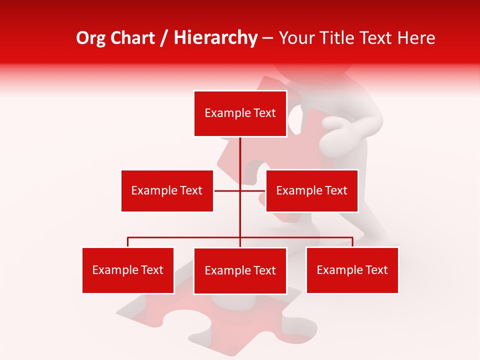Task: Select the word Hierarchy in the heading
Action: [215, 38]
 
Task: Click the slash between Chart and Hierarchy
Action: [164, 38]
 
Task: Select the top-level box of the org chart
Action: [240, 113]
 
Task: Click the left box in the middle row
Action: [167, 190]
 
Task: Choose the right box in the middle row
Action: [311, 190]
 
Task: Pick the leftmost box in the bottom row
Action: [127, 270]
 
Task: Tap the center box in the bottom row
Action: [240, 270]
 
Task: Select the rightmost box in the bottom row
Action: [352, 270]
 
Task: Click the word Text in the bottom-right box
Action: [376, 270]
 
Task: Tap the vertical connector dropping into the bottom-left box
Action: [127, 242]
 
